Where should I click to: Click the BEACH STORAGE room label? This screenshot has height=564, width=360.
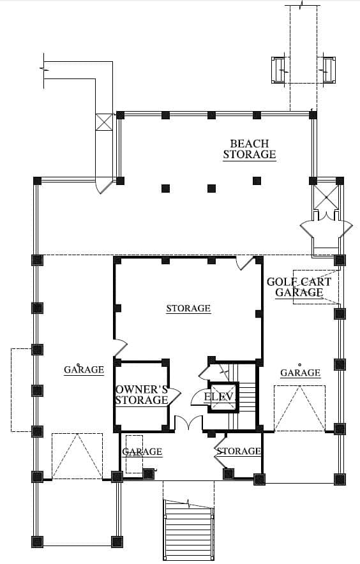[x=249, y=149]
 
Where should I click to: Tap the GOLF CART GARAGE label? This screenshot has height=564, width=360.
[x=299, y=286]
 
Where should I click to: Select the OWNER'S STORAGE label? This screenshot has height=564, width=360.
[x=142, y=394]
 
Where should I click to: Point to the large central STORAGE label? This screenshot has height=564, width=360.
[x=188, y=308]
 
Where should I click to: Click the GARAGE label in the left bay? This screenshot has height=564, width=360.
[x=84, y=369]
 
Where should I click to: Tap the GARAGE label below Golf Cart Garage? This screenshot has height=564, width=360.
[x=300, y=373]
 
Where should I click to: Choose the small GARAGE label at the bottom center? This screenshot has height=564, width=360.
[x=142, y=452]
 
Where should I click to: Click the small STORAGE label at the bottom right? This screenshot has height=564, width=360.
[x=239, y=451]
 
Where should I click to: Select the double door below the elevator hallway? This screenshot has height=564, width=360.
[x=189, y=422]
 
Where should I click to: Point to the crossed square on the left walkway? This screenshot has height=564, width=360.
[x=105, y=122]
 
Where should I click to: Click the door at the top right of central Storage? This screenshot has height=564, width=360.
[x=245, y=263]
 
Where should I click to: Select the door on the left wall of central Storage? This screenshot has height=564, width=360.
[x=121, y=348]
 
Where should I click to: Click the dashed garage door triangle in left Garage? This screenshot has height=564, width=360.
[x=77, y=456]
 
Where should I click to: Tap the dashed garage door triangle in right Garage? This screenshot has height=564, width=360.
[x=299, y=408]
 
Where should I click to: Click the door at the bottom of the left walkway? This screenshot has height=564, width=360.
[x=104, y=185]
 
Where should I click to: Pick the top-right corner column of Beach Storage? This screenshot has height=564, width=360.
[x=313, y=115]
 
